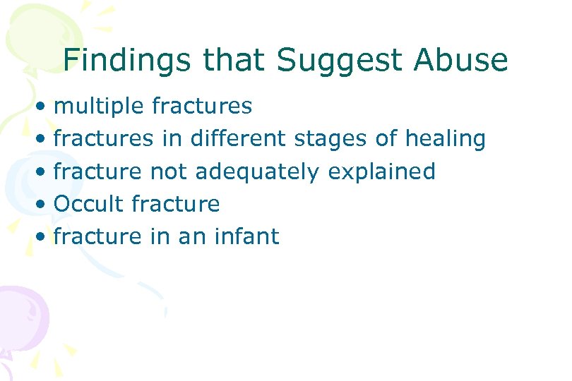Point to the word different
point(237,138)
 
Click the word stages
point(330,139)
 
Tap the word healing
point(445,139)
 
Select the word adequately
point(272,171)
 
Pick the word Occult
point(88,204)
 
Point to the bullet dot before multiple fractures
point(44,107)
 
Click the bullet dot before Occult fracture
point(44,205)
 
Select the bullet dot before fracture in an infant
point(44,238)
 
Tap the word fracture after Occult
point(176,204)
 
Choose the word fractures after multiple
point(201,106)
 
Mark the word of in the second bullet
point(386,138)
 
